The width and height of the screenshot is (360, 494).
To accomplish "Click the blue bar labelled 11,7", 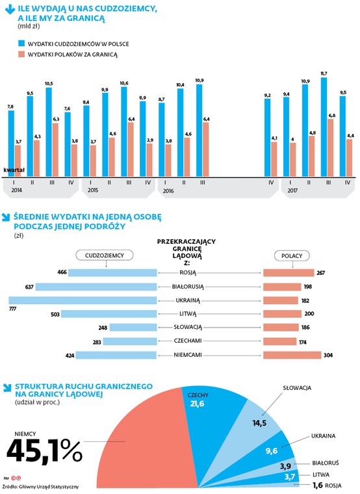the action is (324, 127).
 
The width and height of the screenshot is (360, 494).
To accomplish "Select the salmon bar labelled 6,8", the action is (330, 148).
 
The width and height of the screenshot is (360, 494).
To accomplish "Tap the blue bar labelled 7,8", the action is (11, 144).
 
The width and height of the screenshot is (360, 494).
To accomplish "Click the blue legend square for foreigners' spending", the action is (21, 43).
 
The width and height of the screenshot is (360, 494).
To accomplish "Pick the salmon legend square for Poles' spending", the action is (21, 54).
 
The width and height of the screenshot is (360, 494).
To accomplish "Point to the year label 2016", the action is (168, 191).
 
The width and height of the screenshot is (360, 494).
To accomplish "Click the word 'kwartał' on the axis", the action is (14, 170).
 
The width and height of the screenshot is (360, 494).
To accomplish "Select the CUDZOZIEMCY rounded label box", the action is (105, 255).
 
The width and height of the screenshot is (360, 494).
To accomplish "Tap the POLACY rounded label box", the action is (292, 255).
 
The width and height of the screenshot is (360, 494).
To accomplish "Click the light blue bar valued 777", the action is (83, 300).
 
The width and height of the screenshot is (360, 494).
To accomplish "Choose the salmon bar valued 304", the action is (292, 355).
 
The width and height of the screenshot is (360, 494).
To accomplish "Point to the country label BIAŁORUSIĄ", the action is (188, 287).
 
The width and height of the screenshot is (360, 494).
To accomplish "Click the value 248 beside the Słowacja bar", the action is (103, 328).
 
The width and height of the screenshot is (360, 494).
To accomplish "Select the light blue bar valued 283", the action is (130, 341).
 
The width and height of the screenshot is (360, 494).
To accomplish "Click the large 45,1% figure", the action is (44, 451).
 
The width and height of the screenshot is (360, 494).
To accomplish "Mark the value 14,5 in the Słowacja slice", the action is (259, 423).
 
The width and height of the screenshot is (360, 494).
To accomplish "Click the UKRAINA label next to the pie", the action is (323, 436).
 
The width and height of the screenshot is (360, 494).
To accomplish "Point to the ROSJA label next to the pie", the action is (333, 486).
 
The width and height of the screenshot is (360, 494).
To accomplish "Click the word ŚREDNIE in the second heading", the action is (31, 216).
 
